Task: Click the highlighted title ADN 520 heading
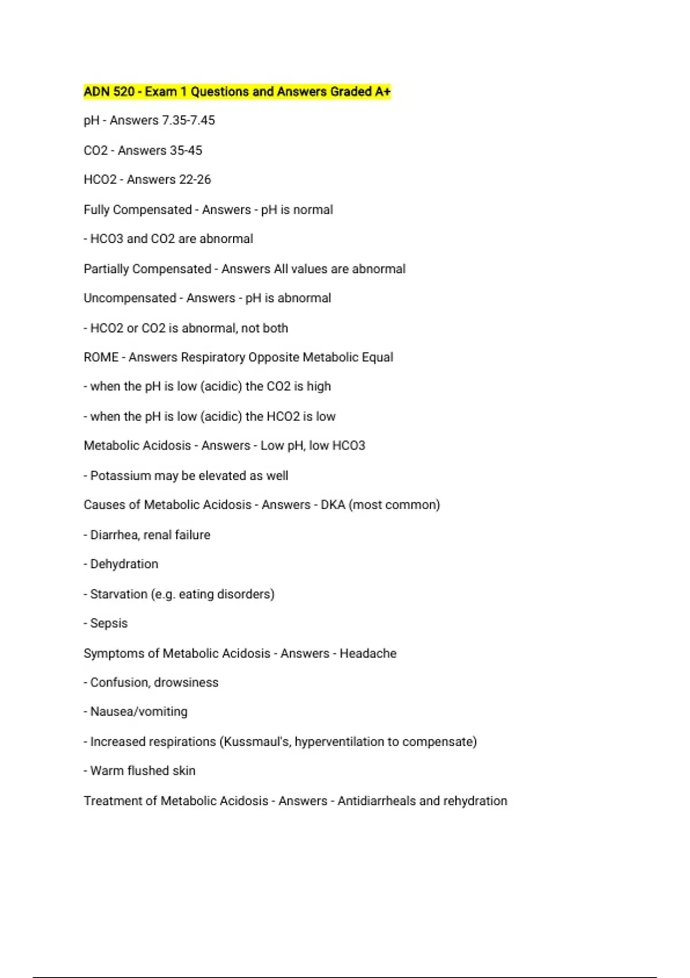point(237,91)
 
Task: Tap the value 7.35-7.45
point(189,121)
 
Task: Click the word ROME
point(101,357)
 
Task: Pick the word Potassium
point(117,476)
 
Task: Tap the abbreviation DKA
point(332,505)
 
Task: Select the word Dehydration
point(124,564)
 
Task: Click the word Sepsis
point(109,624)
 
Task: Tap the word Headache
point(368,654)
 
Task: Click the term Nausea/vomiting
point(139,712)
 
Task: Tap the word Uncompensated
point(129,298)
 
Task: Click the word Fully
point(96,210)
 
